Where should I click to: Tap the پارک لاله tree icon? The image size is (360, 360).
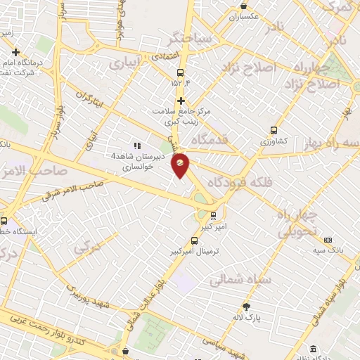[x=246, y=307]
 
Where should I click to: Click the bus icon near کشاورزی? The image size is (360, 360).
[x=274, y=130]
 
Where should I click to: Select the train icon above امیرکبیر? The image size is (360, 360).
[x=213, y=216]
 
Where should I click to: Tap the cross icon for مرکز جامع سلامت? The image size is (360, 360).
[x=181, y=101]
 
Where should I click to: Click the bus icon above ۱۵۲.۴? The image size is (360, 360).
[x=181, y=72]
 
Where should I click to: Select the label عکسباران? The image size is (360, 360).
[x=243, y=15]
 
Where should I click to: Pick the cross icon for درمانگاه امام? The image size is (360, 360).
[x=15, y=52]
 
